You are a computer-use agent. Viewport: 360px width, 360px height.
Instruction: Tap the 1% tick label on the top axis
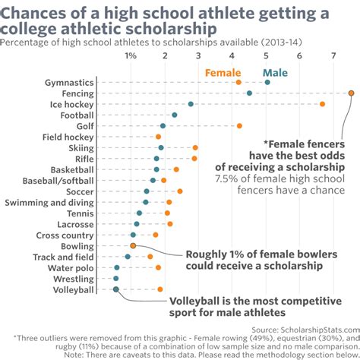point(131,56)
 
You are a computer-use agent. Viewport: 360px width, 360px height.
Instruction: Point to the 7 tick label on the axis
point(333,56)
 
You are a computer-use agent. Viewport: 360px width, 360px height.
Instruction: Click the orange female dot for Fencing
point(351,93)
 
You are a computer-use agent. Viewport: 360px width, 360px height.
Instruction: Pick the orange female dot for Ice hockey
point(322,104)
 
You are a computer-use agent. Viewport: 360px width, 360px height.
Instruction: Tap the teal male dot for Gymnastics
point(267,82)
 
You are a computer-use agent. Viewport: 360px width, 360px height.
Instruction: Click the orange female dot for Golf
point(239,126)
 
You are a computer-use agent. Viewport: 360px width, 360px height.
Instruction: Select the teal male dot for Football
point(175,115)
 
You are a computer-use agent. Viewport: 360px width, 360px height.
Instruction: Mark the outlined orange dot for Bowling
point(133,246)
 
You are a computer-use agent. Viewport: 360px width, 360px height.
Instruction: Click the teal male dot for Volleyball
point(115,289)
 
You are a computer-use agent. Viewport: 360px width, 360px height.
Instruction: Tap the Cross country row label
point(65,235)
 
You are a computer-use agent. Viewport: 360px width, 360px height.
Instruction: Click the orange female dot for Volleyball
point(160,289)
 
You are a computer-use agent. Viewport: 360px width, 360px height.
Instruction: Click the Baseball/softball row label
point(58,181)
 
